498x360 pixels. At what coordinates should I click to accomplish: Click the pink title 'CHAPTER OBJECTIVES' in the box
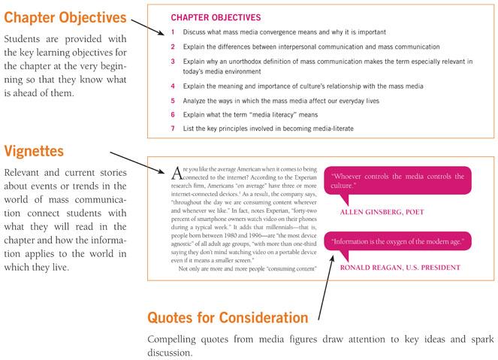pos(216,17)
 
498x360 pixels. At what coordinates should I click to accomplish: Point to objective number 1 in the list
pos(174,32)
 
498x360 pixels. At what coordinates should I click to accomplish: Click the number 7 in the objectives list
pos(174,129)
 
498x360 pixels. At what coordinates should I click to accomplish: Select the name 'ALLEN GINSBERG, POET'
pos(382,213)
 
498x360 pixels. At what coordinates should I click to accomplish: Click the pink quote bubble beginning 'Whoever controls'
pos(396,181)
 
